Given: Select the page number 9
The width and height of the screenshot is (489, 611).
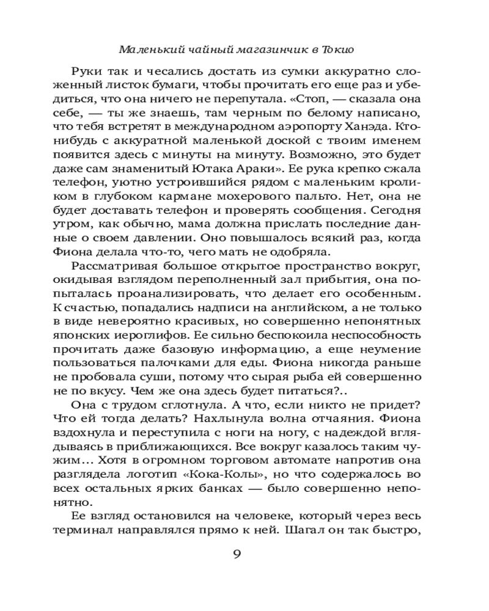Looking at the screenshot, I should (x=238, y=554).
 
